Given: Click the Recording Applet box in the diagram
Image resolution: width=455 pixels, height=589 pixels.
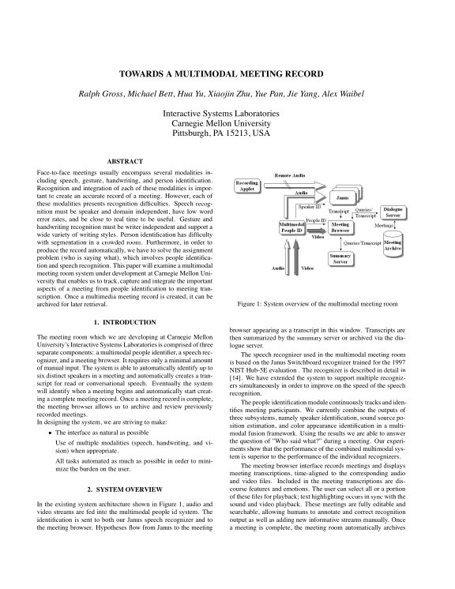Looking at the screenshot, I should [248, 187].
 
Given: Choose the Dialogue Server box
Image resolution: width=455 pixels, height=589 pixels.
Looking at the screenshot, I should [397, 212].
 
